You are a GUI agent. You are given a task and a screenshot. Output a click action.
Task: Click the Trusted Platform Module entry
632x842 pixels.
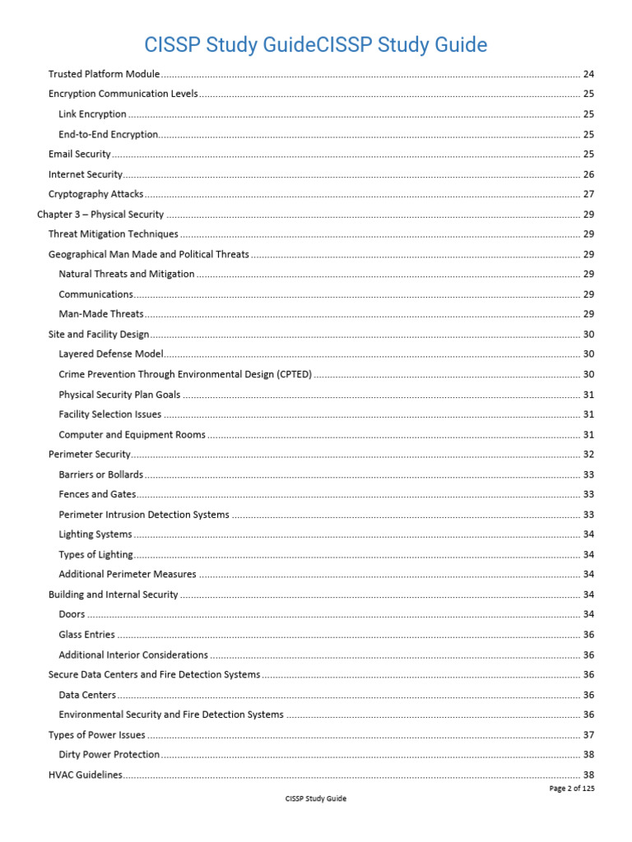(x=104, y=74)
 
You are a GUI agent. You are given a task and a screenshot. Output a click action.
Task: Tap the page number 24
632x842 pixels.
(x=588, y=74)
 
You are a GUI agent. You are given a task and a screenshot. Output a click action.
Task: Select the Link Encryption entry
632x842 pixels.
(x=92, y=114)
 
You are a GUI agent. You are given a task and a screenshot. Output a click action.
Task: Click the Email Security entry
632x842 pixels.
(x=79, y=154)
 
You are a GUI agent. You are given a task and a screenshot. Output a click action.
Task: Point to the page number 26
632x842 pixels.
(x=588, y=174)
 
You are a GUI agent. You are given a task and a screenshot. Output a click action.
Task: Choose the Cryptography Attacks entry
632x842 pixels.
(x=95, y=194)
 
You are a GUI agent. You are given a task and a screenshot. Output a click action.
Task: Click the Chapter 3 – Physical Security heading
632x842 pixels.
(x=100, y=215)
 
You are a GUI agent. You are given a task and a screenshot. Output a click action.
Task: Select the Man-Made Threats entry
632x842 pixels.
(x=100, y=314)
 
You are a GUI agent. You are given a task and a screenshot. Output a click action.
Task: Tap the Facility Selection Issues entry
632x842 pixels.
(x=109, y=414)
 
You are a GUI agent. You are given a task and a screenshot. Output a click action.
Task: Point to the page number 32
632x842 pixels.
(x=588, y=455)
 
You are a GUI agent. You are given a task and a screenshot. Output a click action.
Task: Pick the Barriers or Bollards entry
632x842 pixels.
(x=100, y=474)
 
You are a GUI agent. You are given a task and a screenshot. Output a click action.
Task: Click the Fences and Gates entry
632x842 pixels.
(x=97, y=494)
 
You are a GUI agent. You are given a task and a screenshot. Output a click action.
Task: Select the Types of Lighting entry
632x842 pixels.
(x=95, y=555)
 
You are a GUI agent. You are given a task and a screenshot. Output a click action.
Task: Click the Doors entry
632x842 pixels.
(x=72, y=615)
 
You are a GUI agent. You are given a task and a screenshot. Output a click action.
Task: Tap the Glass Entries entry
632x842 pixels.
(x=86, y=635)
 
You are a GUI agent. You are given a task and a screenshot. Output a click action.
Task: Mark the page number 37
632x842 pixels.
(x=588, y=735)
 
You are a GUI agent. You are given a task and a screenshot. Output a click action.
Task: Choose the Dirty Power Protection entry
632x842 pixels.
(x=109, y=755)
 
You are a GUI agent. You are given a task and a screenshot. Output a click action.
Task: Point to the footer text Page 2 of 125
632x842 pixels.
(x=571, y=788)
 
